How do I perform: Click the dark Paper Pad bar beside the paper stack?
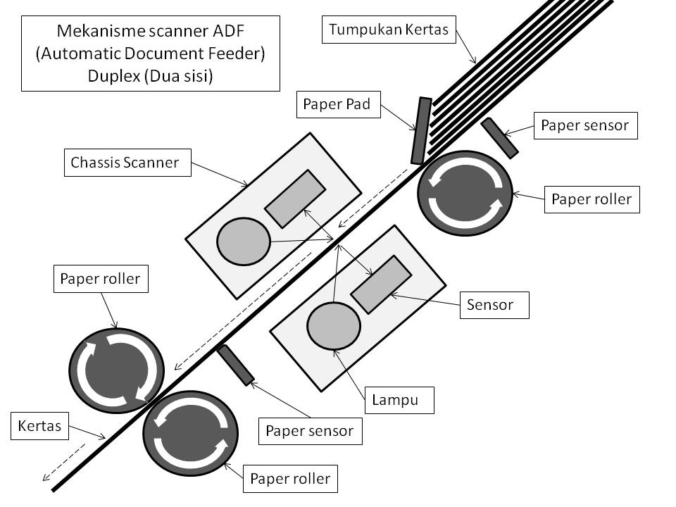(x=420, y=130)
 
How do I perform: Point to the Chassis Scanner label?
(x=125, y=163)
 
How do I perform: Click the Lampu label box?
(x=399, y=400)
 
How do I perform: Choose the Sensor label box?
(x=494, y=305)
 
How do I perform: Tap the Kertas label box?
(x=41, y=425)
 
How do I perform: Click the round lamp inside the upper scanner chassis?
(x=244, y=242)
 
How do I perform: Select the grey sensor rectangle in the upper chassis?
(x=294, y=199)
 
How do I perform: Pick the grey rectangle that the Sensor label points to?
(x=381, y=284)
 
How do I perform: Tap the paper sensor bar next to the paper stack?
(x=500, y=138)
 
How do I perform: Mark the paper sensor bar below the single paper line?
(x=236, y=365)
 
